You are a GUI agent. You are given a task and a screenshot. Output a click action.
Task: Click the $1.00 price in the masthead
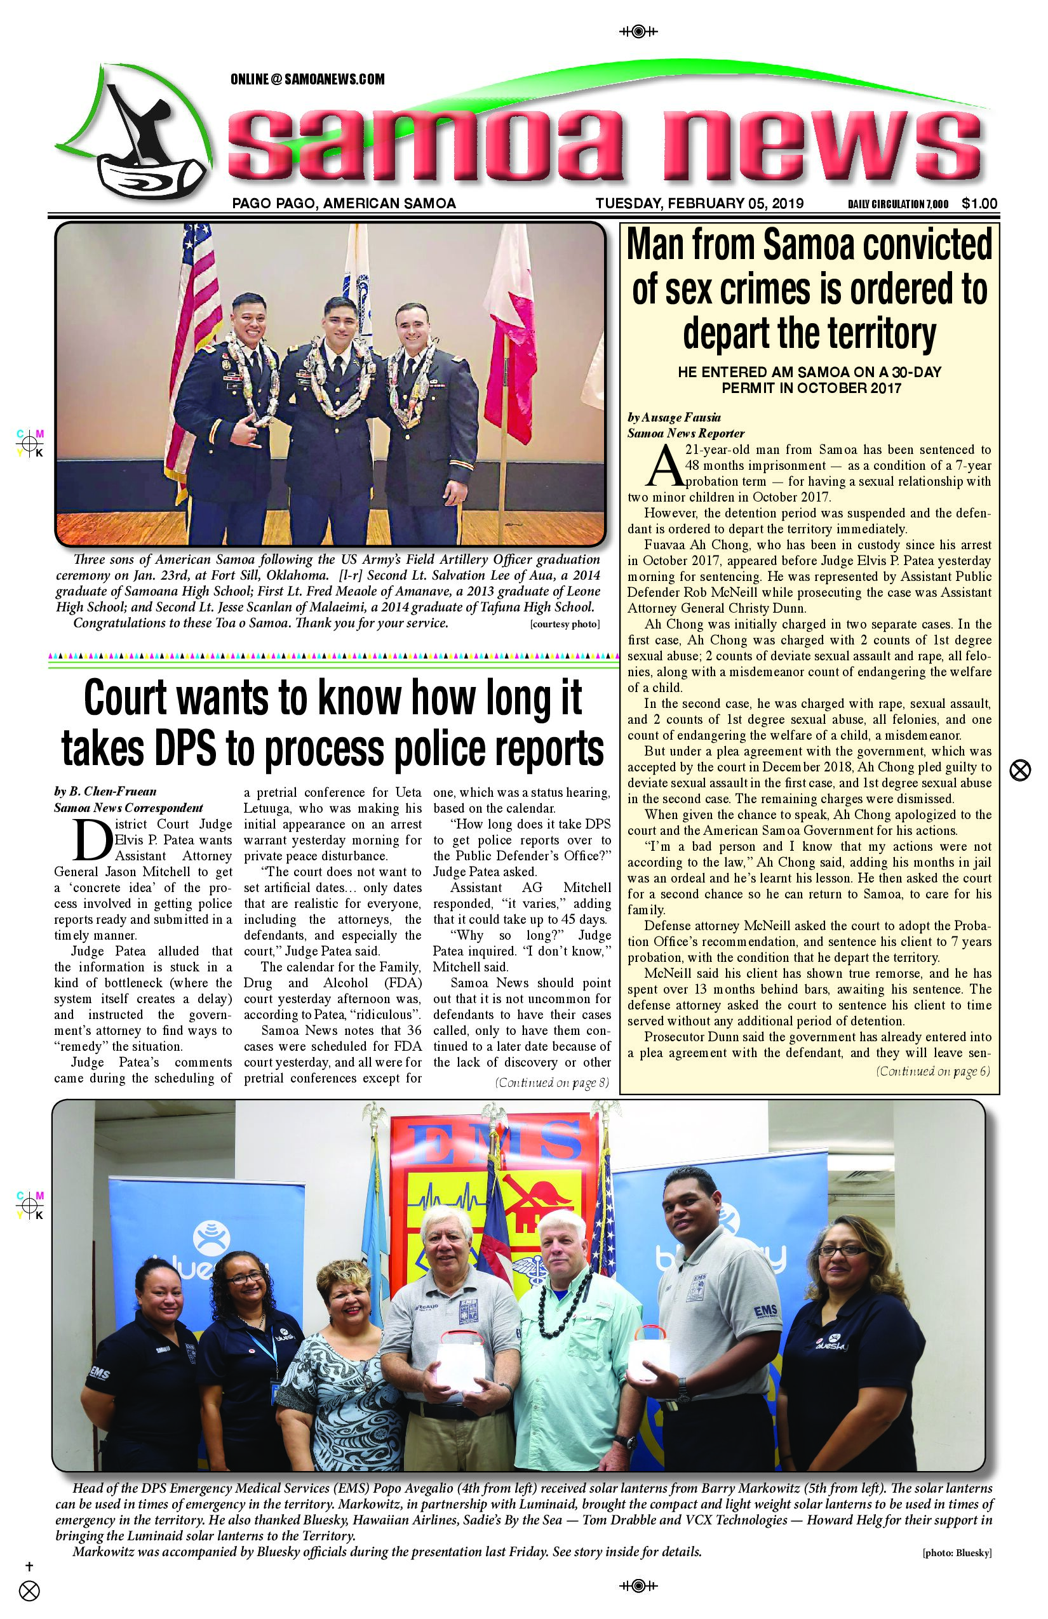(979, 203)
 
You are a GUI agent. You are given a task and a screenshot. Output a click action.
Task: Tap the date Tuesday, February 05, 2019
(699, 203)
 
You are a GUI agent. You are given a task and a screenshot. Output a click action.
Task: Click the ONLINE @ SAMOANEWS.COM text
(307, 79)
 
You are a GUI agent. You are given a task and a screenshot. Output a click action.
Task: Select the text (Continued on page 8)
(552, 1083)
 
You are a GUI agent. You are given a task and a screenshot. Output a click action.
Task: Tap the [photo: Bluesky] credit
(957, 1553)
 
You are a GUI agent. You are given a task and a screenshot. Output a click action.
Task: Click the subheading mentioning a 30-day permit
(809, 380)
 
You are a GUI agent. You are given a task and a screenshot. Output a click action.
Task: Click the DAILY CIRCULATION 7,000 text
(897, 204)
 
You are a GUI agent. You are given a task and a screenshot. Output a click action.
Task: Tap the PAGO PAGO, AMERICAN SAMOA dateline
(344, 203)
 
